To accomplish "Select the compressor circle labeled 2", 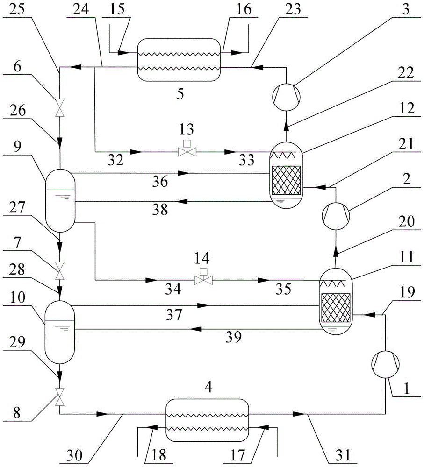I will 335,216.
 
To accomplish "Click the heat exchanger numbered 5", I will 179,60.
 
